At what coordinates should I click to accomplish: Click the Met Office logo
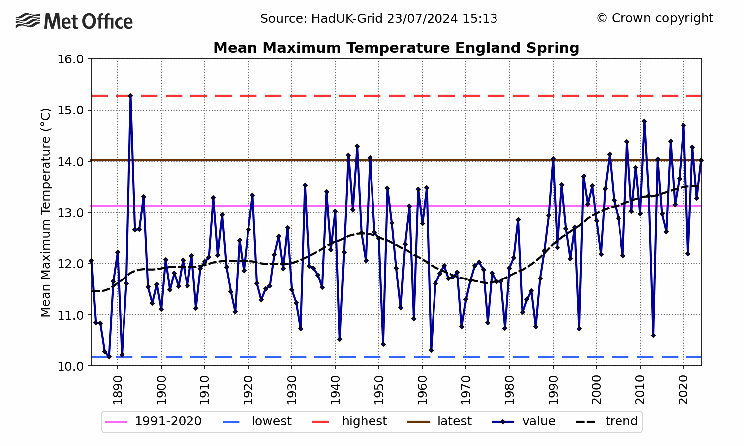[x=74, y=21]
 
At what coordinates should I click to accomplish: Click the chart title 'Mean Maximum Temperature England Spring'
[x=396, y=48]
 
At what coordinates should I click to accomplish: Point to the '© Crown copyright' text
[x=655, y=18]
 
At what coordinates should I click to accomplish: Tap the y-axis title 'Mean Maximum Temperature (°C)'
[x=46, y=212]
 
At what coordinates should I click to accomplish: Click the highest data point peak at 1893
[x=130, y=96]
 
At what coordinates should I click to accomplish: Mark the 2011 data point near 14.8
[x=644, y=121]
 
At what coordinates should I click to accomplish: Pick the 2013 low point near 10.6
[x=653, y=335]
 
